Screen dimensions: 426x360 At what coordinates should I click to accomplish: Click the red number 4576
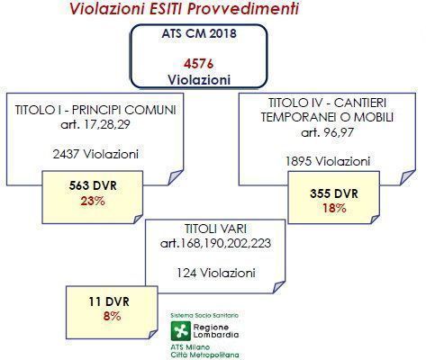pos(199,64)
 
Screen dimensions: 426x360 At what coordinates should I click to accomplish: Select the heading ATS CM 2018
pos(199,33)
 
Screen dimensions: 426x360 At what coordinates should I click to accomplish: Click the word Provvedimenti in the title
pos(243,8)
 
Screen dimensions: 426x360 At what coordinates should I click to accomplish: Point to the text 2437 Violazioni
pos(95,155)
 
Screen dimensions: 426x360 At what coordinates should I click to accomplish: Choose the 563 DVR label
pos(93,185)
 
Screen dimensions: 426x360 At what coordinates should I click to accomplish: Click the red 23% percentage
pos(93,202)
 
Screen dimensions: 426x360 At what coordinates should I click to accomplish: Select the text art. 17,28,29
pos(95,124)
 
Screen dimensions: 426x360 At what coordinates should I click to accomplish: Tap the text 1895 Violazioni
pos(328,162)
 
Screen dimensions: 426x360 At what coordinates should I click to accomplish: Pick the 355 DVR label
pos(334,193)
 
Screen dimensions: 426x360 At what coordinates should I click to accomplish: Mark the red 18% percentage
pos(334,208)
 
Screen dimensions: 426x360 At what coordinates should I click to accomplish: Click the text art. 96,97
pos(328,132)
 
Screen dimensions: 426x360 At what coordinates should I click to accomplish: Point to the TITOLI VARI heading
pos(215,229)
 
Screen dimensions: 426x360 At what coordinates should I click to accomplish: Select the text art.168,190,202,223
pos(215,243)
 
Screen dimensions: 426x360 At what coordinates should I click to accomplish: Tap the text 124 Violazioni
pos(216,273)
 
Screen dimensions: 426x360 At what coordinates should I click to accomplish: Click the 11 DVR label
pos(109,301)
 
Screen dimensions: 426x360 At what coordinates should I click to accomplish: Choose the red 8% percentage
pos(112,316)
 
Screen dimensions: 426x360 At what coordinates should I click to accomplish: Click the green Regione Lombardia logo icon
pos(181,331)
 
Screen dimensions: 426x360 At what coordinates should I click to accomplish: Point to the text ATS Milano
pos(190,347)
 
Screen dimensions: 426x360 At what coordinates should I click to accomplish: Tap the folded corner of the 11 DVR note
pos(153,334)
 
